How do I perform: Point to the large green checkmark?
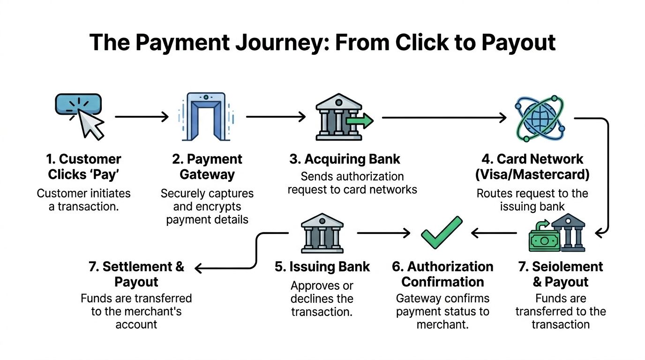pyautogui.click(x=441, y=232)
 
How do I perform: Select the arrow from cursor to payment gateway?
pyautogui.click(x=142, y=117)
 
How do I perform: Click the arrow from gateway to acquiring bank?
pyautogui.click(x=276, y=117)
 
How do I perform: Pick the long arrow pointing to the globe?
pyautogui.click(x=444, y=117)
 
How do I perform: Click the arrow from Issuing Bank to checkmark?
pyautogui.click(x=383, y=232)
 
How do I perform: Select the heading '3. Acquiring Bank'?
pyautogui.click(x=345, y=159)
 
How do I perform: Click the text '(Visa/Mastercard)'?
pyautogui.click(x=532, y=174)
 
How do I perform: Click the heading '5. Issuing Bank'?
pyautogui.click(x=322, y=267)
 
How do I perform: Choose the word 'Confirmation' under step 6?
pyautogui.click(x=442, y=282)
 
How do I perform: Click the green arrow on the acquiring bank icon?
pyautogui.click(x=360, y=121)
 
